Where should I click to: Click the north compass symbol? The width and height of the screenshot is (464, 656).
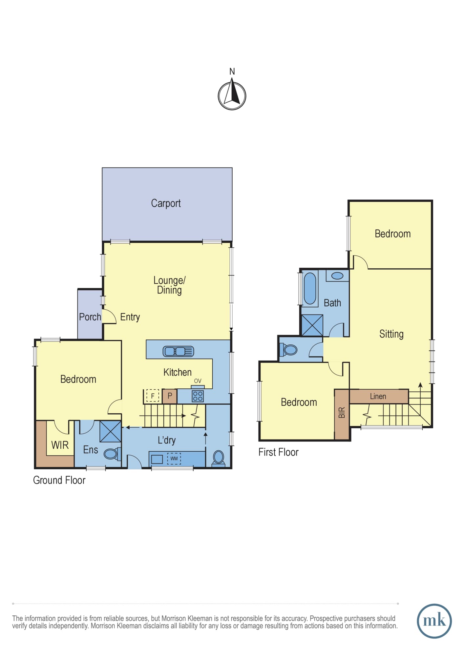click(232, 96)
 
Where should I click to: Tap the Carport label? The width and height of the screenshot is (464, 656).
click(166, 203)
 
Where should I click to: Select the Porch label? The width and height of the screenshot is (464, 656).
click(90, 317)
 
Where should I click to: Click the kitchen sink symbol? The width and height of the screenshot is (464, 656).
click(178, 351)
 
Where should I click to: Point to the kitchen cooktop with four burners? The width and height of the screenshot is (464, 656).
click(198, 396)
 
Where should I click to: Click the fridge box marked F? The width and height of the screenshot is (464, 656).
click(153, 396)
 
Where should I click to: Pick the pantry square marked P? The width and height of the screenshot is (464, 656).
click(170, 396)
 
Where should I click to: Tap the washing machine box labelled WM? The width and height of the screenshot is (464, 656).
click(174, 458)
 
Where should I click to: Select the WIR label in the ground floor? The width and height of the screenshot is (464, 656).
click(60, 445)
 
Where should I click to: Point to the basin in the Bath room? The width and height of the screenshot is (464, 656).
click(337, 276)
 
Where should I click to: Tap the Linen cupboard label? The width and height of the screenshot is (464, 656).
click(378, 396)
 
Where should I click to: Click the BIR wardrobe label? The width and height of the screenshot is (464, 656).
click(342, 412)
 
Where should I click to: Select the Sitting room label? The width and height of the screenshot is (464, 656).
click(391, 334)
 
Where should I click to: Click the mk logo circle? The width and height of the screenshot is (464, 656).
click(434, 621)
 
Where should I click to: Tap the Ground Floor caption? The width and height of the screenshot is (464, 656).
click(59, 480)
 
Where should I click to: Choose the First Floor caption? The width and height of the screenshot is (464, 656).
click(278, 452)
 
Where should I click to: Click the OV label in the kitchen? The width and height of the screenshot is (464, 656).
click(198, 381)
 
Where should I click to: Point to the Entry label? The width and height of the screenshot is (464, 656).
click(130, 317)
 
